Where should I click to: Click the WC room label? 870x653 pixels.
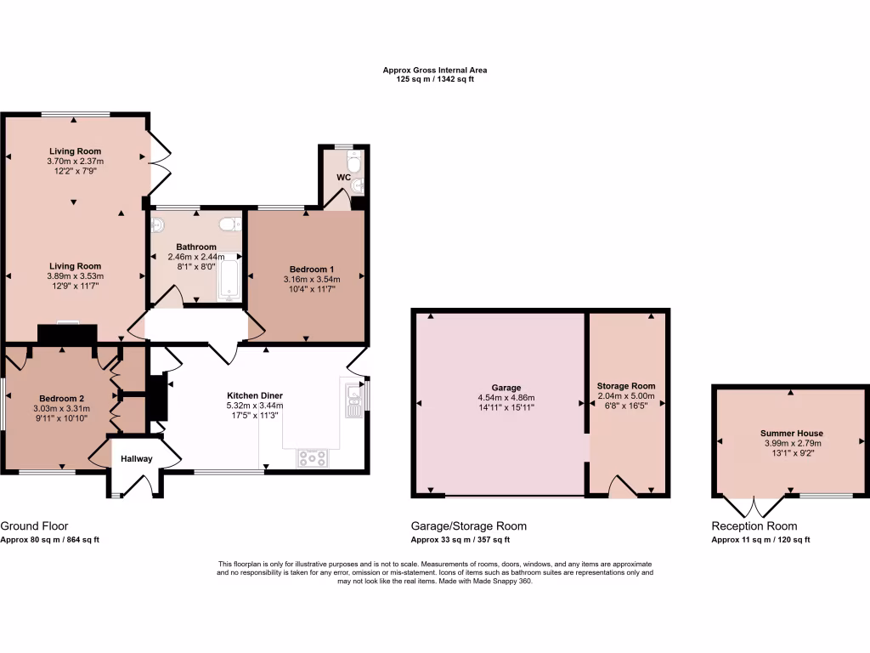click(x=343, y=177)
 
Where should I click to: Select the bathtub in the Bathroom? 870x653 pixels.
click(x=229, y=281)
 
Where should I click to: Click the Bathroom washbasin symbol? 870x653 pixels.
click(x=158, y=226)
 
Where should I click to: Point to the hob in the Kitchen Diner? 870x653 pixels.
click(x=312, y=458)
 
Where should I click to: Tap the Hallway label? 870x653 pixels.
click(x=136, y=459)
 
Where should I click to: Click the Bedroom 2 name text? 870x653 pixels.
click(x=62, y=398)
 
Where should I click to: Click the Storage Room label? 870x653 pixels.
click(x=625, y=385)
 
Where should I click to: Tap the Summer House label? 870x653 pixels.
click(x=791, y=433)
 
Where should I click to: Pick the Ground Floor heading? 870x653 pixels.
click(x=35, y=526)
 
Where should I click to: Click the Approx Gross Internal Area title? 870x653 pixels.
click(x=434, y=70)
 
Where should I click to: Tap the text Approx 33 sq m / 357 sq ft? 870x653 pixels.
click(x=460, y=540)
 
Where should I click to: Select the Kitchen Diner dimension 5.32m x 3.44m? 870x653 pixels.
click(x=254, y=406)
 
